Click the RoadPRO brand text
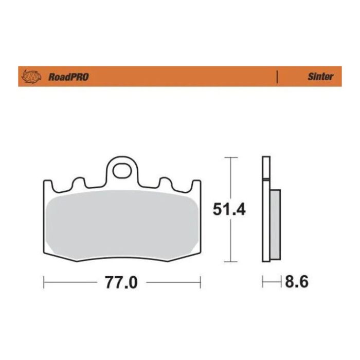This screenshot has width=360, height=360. pos(68,77)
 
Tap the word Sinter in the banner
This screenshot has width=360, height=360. pos(320,77)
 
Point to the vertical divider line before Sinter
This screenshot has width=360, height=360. pos(277,77)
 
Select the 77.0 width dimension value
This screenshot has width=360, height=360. pos(121,282)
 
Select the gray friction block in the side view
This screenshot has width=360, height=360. pos(275,224)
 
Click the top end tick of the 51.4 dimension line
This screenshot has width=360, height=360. pos(231,156)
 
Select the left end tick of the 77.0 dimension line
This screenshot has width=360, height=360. pos(44,282)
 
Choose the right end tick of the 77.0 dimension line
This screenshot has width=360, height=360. pos(200,282)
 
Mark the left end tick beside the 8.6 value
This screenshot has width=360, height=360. pos(263,282)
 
